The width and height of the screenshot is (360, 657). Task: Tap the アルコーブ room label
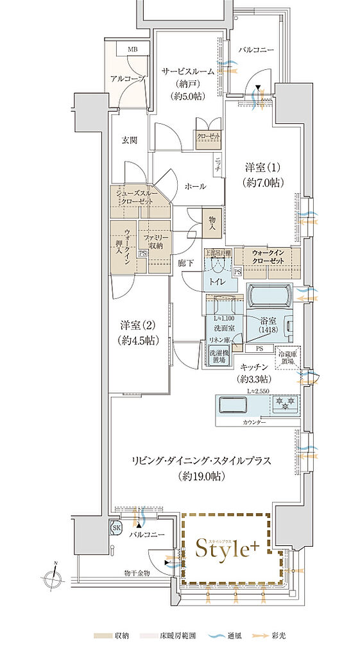coord(126,78)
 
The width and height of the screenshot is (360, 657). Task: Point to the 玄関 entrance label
coord(128,139)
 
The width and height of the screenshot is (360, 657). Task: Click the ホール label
coord(195,186)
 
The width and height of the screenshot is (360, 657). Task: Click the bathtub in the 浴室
coord(270,297)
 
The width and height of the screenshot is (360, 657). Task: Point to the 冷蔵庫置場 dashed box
coord(287,357)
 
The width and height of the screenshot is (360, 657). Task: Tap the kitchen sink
coord(234,405)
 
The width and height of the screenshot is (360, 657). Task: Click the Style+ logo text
coord(232,549)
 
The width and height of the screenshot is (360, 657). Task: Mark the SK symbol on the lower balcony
coord(117,527)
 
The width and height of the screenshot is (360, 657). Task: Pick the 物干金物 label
coord(137,572)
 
